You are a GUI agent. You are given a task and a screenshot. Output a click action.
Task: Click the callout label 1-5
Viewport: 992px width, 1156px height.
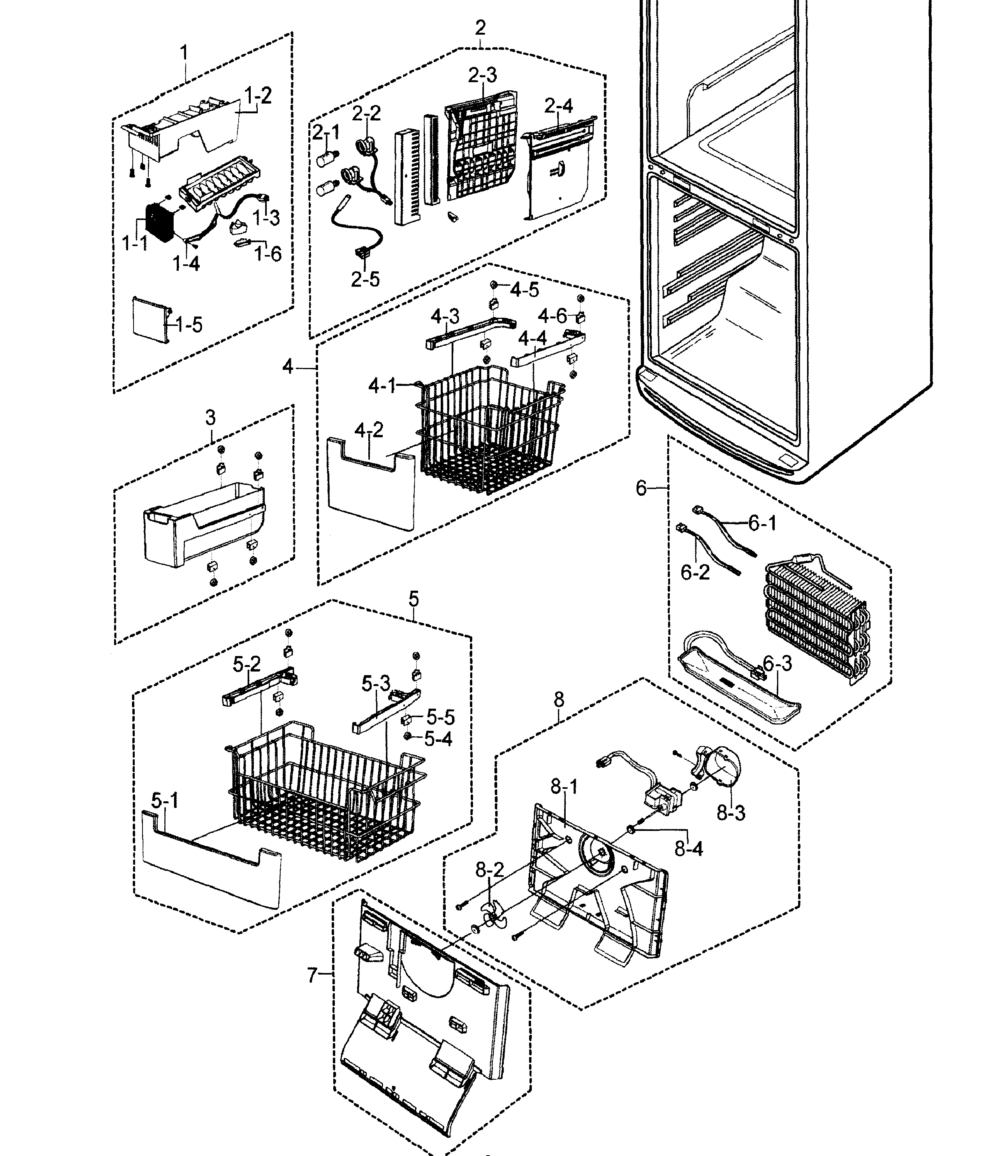[188, 325]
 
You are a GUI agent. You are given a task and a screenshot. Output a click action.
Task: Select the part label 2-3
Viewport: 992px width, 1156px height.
[482, 75]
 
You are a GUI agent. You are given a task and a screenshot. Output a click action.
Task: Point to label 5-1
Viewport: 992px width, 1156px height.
[165, 801]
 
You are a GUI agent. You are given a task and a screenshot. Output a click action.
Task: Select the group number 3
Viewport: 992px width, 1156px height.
[210, 417]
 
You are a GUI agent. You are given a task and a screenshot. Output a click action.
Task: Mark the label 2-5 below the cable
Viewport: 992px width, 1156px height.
[365, 279]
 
